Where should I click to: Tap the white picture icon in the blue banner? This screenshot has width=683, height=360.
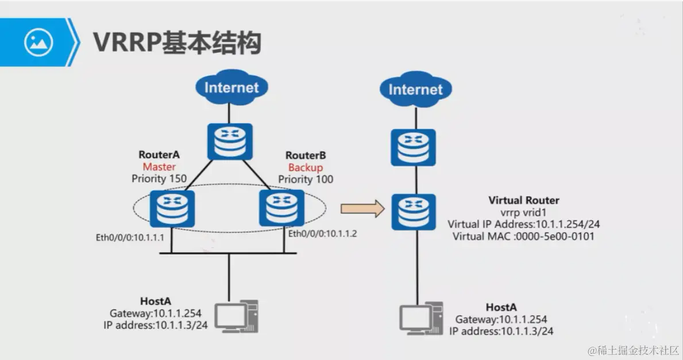[38, 42]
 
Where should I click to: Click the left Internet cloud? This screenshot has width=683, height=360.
[231, 88]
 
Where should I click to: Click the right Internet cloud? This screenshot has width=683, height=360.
[415, 90]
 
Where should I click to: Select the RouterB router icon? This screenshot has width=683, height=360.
[281, 208]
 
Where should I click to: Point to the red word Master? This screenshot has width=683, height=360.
[159, 167]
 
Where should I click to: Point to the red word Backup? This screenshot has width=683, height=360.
[305, 168]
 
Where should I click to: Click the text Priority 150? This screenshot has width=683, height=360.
[159, 179]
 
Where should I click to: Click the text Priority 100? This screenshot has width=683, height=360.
[306, 179]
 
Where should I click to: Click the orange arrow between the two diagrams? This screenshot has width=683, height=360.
[362, 208]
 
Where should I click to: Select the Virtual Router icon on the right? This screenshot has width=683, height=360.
[414, 212]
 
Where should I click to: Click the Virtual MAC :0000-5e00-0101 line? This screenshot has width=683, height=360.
[523, 236]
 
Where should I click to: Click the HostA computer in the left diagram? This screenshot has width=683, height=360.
[236, 316]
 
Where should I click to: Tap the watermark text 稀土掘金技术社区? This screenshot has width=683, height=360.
[635, 350]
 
